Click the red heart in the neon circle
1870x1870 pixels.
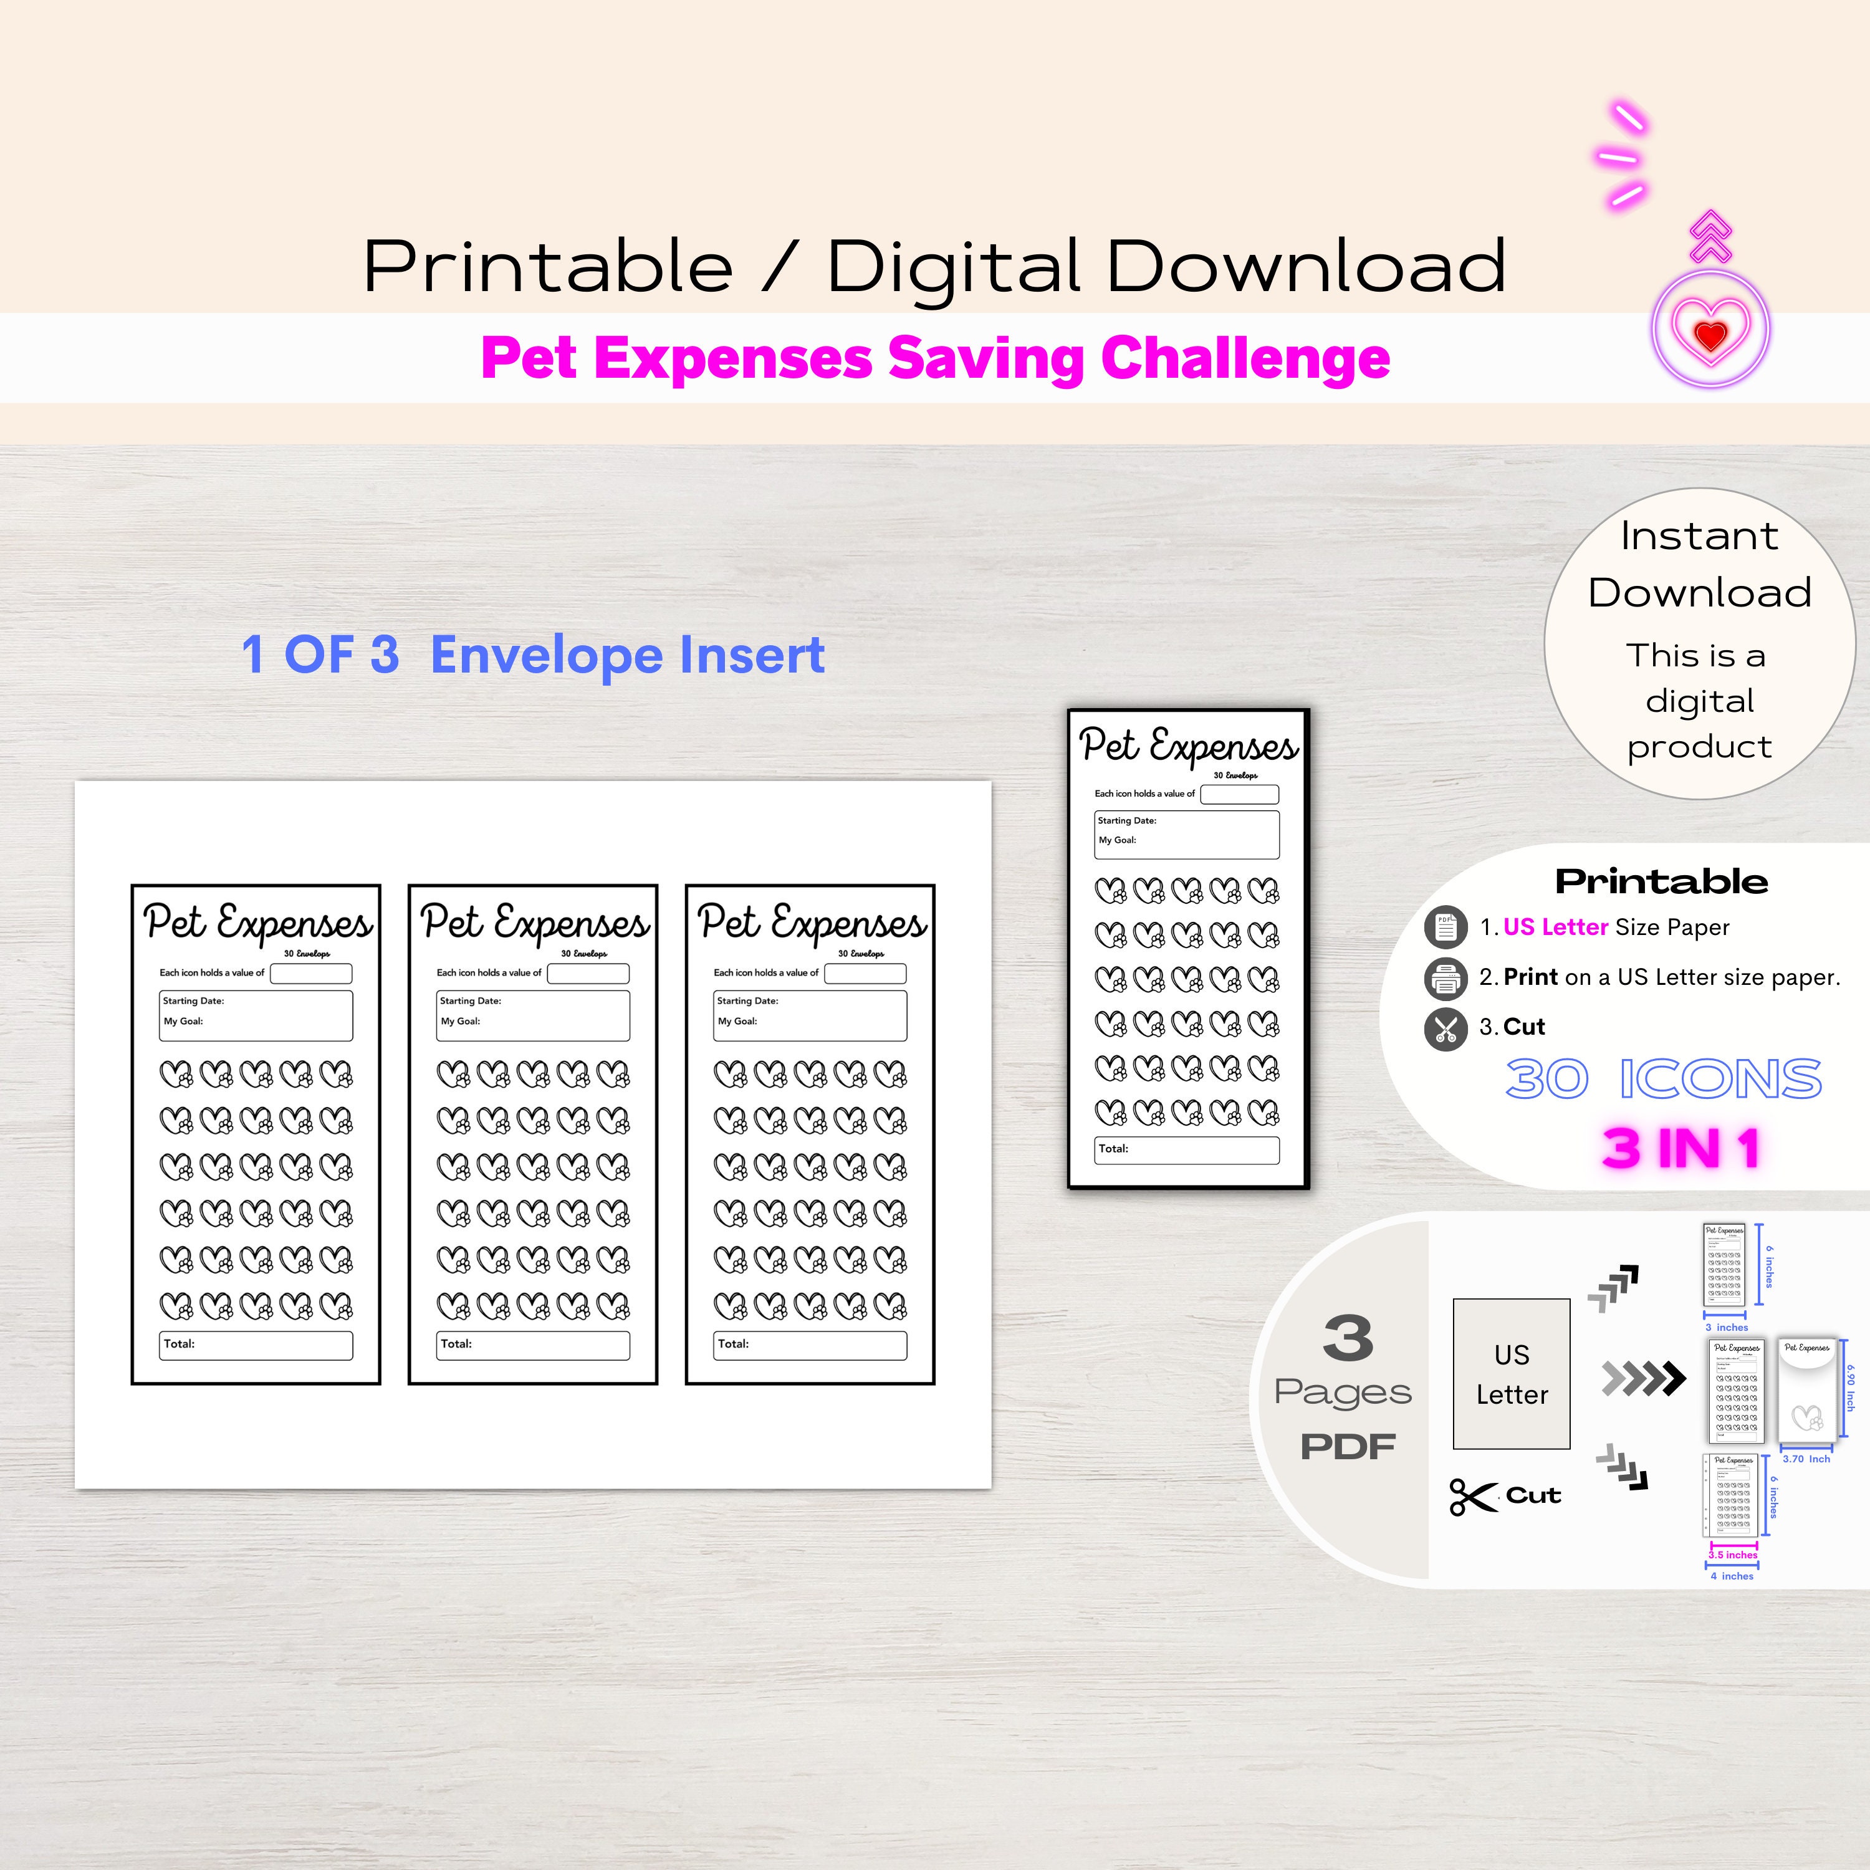click(x=1710, y=335)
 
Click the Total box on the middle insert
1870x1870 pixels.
click(x=532, y=1345)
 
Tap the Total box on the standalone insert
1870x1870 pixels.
click(x=1187, y=1150)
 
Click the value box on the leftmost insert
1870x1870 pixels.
click(x=310, y=974)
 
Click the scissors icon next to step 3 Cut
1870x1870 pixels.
click(x=1445, y=1028)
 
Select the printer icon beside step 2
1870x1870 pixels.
click(x=1445, y=979)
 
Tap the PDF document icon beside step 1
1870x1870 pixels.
click(x=1445, y=928)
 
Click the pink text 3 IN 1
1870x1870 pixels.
click(x=1681, y=1149)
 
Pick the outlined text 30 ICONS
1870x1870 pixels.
click(x=1663, y=1079)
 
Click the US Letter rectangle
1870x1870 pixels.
click(x=1511, y=1373)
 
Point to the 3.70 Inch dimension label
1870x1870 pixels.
click(x=1806, y=1459)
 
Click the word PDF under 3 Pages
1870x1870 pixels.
click(x=1347, y=1447)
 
